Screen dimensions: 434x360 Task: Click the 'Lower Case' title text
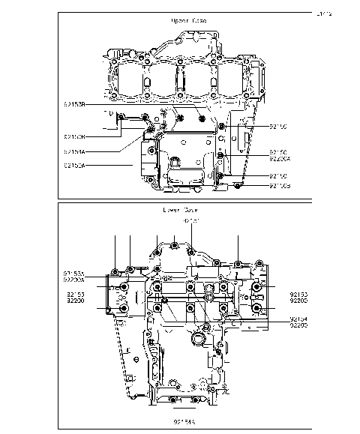click(179, 211)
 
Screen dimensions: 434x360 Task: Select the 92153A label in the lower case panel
click(74, 273)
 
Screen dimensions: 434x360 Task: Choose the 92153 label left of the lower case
click(74, 294)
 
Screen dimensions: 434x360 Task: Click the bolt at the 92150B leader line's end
click(237, 184)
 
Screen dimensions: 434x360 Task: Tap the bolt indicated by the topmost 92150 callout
click(222, 128)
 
